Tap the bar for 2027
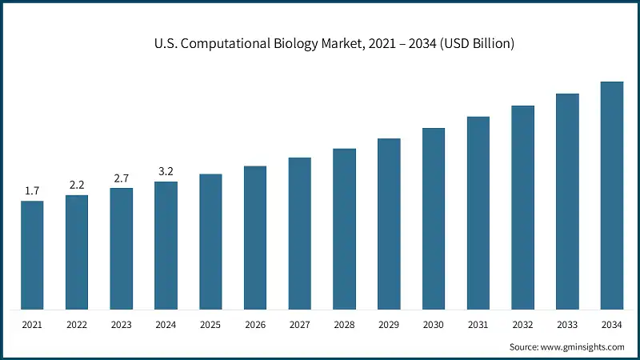[x=300, y=233]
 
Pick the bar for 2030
[x=434, y=218]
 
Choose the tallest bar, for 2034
[x=612, y=195]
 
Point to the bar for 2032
[x=523, y=207]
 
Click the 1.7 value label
[x=32, y=191]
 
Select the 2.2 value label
[x=77, y=185]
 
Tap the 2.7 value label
[x=122, y=178]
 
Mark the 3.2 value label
[x=166, y=171]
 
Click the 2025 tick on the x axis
[x=210, y=325]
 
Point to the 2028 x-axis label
[x=344, y=325]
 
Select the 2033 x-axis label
[x=567, y=325]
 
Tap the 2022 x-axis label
[x=77, y=325]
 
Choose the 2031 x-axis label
[x=478, y=325]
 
